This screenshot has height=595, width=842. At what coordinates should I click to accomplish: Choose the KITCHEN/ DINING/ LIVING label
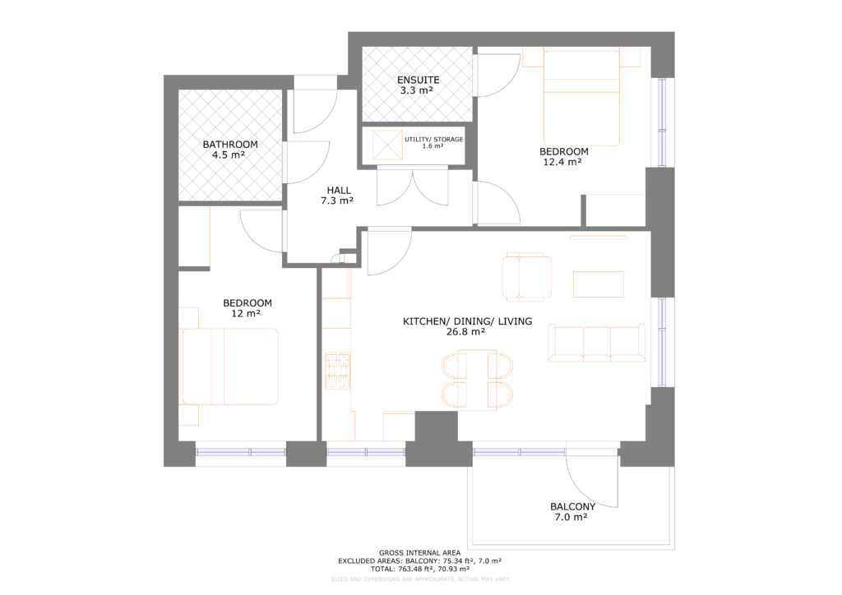point(466,321)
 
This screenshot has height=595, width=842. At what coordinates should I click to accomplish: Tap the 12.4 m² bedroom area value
point(563,163)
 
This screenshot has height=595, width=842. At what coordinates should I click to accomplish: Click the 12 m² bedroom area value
point(248,314)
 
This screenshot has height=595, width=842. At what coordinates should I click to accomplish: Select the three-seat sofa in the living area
point(597,343)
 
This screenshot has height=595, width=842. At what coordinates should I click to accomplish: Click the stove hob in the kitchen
point(337,371)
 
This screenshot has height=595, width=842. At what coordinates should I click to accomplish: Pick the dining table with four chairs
point(477,379)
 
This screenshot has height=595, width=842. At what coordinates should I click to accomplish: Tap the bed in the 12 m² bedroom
point(230,366)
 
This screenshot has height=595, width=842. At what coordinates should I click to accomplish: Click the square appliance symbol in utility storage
point(385,145)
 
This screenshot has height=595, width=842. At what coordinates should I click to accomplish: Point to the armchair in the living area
point(527,277)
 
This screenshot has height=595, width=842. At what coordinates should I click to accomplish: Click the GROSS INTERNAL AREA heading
point(419,552)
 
